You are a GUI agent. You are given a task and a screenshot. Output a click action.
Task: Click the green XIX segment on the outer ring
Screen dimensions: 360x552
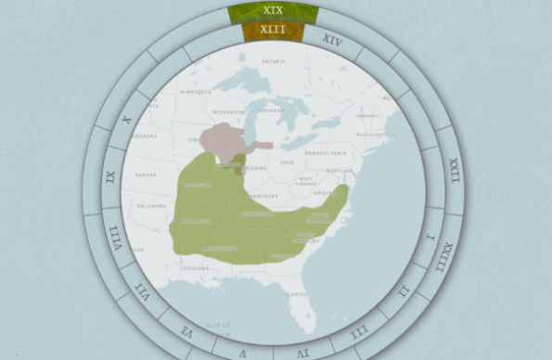[x=273, y=11]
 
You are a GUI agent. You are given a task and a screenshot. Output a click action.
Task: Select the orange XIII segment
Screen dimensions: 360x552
[x=273, y=32]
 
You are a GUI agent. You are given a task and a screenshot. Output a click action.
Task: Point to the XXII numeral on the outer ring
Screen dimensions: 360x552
[x=454, y=171]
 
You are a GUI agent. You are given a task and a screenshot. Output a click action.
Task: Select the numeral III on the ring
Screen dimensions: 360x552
[x=359, y=329]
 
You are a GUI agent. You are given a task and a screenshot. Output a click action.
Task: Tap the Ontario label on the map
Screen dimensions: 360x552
[x=274, y=62]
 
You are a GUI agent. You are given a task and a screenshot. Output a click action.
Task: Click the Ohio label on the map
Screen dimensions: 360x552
[x=288, y=163]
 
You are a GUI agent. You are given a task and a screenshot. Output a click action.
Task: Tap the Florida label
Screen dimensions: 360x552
[x=296, y=294]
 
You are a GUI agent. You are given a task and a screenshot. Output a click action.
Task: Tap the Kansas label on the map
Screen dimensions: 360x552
[x=146, y=174]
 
